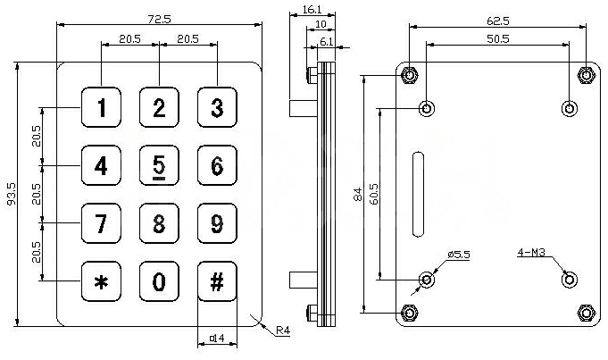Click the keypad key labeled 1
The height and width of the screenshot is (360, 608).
point(102,109)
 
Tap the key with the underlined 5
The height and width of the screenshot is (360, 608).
point(159,166)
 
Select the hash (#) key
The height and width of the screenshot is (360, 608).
point(216,281)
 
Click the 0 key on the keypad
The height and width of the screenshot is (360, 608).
point(159,281)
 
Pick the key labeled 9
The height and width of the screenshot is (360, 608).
point(216,223)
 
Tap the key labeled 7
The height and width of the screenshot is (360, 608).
point(102,223)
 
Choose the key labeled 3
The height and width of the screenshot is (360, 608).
point(216,109)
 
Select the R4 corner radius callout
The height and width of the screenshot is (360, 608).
point(282,331)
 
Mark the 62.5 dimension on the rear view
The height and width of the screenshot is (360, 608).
point(498,19)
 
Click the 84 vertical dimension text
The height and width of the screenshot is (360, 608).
point(356,193)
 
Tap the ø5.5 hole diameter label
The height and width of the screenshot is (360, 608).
point(459,255)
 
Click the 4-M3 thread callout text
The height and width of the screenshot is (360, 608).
point(533,254)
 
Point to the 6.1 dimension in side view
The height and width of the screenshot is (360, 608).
point(326,41)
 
